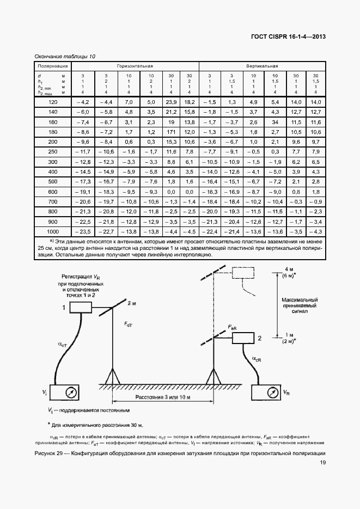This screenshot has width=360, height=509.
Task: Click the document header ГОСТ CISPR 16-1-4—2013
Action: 289,38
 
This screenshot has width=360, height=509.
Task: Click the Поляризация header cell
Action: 52,65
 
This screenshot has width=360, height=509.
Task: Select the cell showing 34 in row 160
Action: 275,122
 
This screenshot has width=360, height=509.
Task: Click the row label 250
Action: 52,152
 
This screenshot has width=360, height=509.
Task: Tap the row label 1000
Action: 52,231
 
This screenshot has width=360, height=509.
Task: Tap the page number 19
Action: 323,463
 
